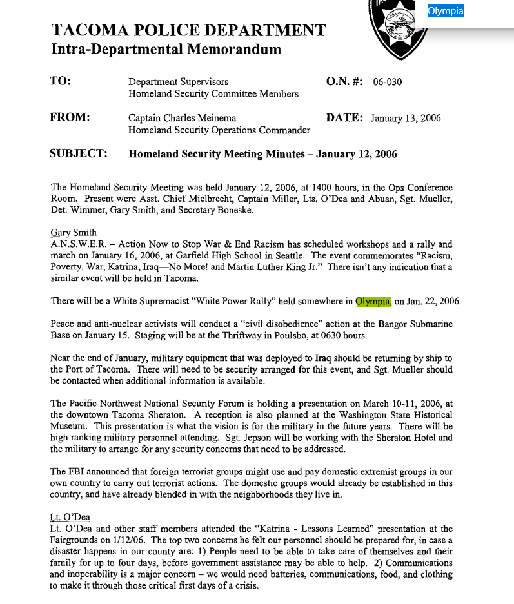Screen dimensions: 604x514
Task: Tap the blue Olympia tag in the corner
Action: pyautogui.click(x=446, y=11)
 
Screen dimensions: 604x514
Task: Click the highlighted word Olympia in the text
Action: pyautogui.click(x=373, y=301)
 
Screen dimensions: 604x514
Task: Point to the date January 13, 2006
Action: pyautogui.click(x=406, y=119)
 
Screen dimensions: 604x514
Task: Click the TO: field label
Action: pyautogui.click(x=61, y=81)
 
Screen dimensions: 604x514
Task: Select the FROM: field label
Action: pyautogui.click(x=70, y=117)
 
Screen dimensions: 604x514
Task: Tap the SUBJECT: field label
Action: pyautogui.click(x=78, y=153)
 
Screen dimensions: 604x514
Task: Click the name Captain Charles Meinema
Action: pyautogui.click(x=182, y=118)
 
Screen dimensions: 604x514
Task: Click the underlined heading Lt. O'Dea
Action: pyautogui.click(x=70, y=517)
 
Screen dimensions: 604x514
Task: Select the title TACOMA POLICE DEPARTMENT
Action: pyautogui.click(x=188, y=30)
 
